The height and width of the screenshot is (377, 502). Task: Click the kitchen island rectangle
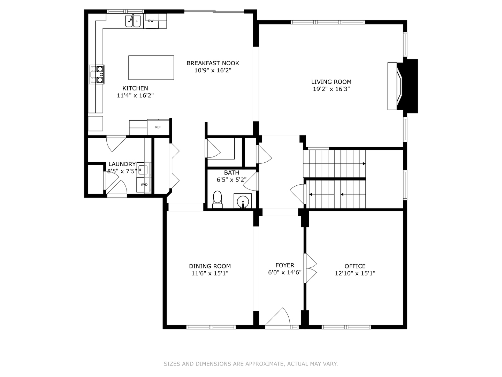click(151, 67)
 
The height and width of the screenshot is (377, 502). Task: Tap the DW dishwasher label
click(151, 21)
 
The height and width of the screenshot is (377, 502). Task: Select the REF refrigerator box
click(158, 127)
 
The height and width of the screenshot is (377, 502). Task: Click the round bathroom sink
click(243, 201)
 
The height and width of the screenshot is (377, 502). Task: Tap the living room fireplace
click(401, 86)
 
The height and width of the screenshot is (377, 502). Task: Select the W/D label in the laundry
click(144, 184)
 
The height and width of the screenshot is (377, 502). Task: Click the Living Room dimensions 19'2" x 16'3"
click(331, 89)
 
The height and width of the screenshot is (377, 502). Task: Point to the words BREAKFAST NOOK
click(213, 63)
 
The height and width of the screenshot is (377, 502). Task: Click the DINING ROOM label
click(210, 266)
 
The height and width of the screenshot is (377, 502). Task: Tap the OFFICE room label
click(355, 266)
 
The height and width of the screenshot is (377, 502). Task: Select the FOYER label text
click(284, 265)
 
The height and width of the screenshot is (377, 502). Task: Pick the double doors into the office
click(310, 268)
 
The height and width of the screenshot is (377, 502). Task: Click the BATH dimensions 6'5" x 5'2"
click(231, 180)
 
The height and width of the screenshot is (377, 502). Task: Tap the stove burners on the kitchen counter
click(97, 74)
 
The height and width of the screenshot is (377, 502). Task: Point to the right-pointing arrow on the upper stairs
click(364, 163)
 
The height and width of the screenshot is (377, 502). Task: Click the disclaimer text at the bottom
click(251, 364)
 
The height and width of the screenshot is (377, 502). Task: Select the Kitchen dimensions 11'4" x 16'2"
click(135, 95)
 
